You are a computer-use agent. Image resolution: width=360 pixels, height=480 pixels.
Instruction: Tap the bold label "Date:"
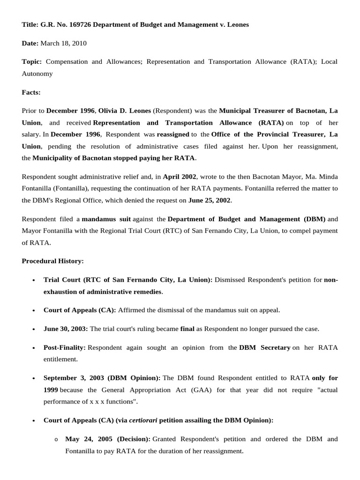click(30, 43)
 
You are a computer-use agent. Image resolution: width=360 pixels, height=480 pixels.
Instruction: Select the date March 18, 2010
click(63, 43)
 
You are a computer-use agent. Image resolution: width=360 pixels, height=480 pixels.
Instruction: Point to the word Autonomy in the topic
click(37, 74)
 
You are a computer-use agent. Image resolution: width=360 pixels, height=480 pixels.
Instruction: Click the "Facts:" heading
click(31, 92)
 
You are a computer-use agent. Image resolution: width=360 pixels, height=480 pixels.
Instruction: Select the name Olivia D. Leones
click(125, 111)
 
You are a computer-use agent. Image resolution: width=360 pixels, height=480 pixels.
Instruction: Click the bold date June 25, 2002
click(209, 200)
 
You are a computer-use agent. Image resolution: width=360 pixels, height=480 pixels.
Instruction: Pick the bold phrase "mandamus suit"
click(108, 219)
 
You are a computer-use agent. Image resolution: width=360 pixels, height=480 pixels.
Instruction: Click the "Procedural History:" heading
click(52, 261)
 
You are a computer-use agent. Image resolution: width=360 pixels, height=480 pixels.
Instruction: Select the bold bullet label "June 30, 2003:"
click(66, 329)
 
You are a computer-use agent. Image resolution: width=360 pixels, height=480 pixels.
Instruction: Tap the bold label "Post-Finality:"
click(65, 348)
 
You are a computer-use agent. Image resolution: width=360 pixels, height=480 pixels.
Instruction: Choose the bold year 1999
click(51, 390)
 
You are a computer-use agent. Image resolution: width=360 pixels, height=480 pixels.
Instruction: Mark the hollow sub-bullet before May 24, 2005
click(56, 440)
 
